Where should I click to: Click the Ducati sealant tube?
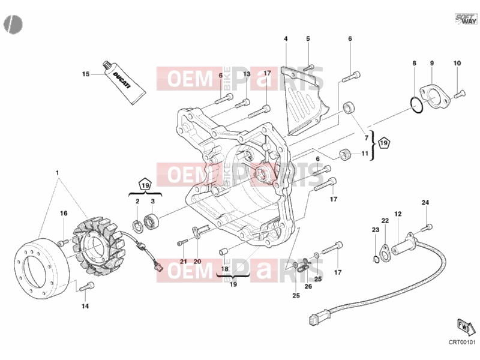[124, 82]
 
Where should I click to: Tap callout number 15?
[86, 74]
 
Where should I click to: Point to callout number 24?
[425, 202]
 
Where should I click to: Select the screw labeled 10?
[459, 94]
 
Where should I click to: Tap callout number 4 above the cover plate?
[286, 39]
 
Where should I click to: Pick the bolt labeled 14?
[86, 287]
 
